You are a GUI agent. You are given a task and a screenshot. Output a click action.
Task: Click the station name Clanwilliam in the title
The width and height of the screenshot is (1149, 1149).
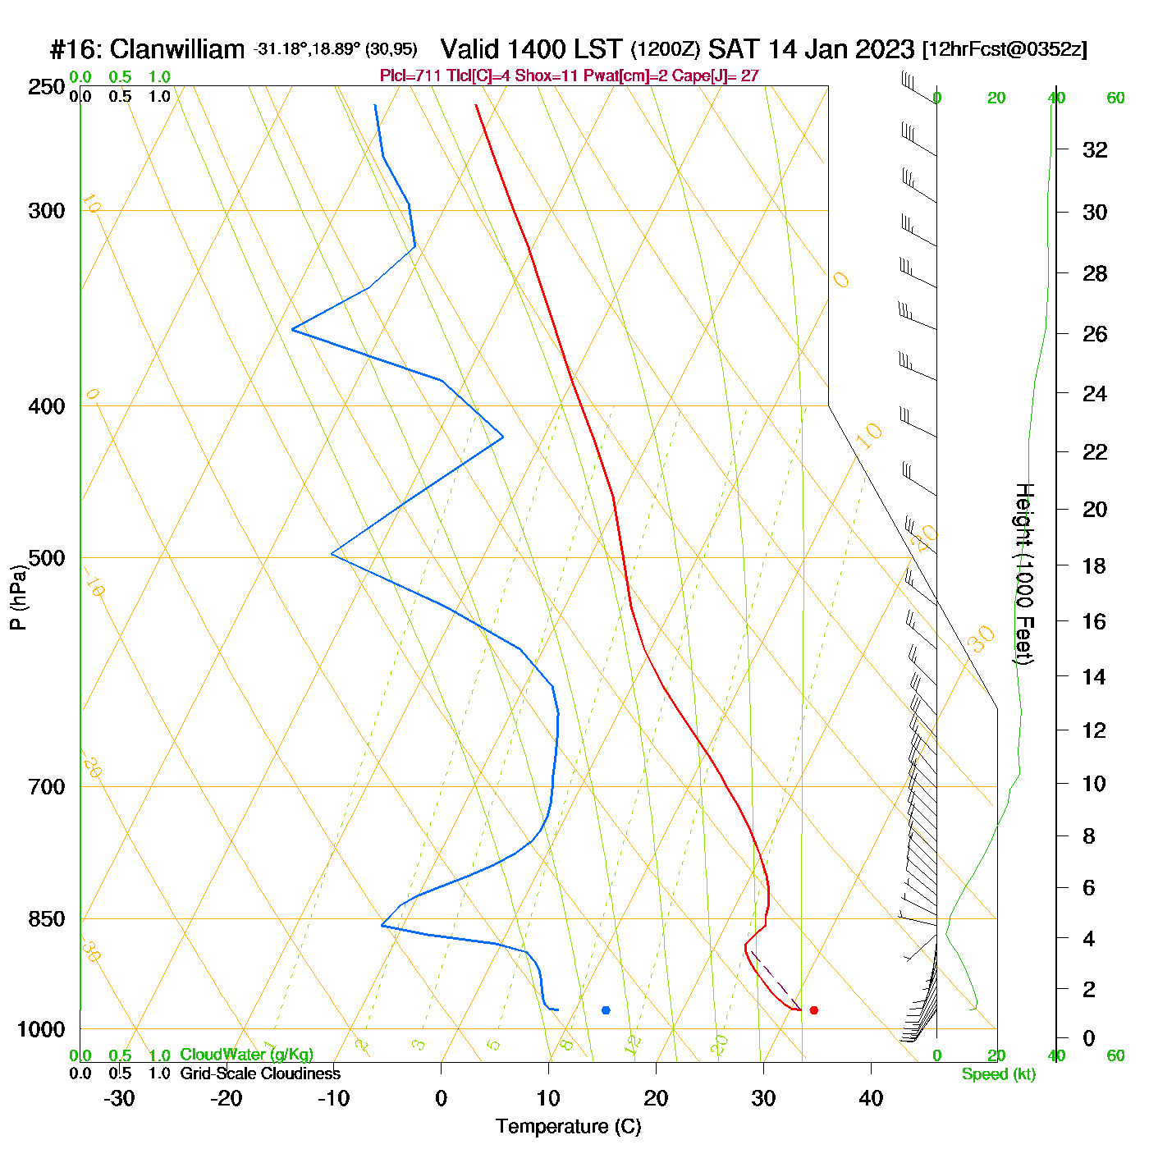point(176,49)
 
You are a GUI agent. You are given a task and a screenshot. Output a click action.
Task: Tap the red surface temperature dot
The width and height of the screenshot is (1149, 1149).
point(813,1010)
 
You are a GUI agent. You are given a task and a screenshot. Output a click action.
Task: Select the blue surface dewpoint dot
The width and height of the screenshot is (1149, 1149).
point(606,1010)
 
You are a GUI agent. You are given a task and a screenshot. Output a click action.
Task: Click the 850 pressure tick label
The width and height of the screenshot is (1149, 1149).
point(46,919)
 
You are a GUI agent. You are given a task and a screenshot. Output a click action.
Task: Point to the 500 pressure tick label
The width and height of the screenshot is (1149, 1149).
point(46,558)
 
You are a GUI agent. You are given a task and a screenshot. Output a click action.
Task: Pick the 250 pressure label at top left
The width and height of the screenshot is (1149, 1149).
point(46,87)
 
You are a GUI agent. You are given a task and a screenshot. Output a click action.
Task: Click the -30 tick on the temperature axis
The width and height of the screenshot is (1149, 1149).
point(119,1098)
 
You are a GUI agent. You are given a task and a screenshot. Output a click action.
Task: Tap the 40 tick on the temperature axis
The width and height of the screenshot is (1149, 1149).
point(871,1098)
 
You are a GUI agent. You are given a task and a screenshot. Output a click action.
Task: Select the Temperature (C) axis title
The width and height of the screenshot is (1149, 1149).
point(568,1127)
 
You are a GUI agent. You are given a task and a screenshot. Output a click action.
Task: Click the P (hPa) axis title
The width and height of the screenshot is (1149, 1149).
point(18,597)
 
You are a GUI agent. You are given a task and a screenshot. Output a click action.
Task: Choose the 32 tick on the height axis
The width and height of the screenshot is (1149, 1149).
point(1095,150)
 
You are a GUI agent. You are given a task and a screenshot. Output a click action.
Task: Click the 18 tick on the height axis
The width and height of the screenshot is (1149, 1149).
point(1095,565)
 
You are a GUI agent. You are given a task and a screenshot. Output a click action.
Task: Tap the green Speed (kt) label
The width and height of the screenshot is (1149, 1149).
point(998,1074)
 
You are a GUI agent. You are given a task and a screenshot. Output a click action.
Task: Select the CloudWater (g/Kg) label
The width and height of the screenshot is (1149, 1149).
point(246,1055)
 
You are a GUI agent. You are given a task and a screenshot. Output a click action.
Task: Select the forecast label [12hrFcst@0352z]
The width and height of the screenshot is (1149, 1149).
point(1005,49)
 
